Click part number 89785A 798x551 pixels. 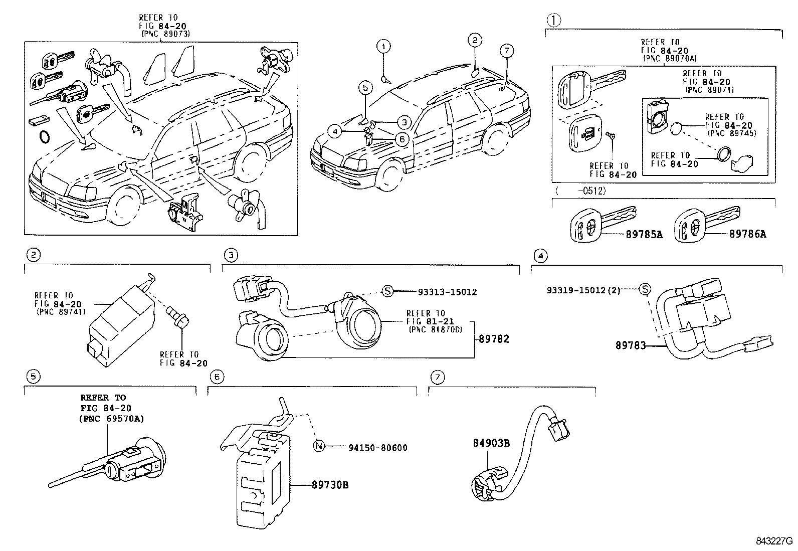point(644,234)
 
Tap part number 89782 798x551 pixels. point(493,339)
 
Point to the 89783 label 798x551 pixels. point(631,345)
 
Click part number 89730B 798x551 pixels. point(330,485)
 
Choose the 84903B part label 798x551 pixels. point(491,443)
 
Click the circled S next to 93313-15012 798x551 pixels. point(387,291)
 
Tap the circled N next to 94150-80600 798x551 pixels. point(319,447)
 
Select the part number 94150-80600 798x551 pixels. point(377,447)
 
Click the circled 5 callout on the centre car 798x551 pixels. point(365,88)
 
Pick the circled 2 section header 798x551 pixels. point(33,255)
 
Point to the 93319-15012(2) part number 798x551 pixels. point(583,290)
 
